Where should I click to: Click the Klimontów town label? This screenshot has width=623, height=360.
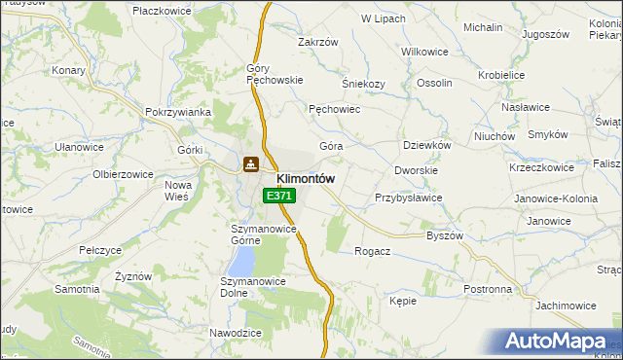coord(306,179)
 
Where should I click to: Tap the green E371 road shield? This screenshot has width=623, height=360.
coord(278,196)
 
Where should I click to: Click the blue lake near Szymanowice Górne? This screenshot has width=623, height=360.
coord(240,259)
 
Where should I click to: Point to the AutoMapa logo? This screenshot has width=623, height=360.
coord(557,342)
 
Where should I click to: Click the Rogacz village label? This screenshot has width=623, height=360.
coord(373,251)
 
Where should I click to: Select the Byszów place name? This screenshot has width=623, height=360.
coord(445,235)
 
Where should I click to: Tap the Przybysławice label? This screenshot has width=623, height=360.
coord(409,198)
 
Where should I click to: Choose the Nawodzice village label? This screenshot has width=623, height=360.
coord(236,333)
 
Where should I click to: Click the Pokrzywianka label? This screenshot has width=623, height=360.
coord(178,112)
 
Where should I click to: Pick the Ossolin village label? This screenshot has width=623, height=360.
coord(434,84)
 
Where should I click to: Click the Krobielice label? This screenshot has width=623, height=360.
coord(501,75)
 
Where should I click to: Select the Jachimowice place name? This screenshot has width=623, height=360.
coord(566,306)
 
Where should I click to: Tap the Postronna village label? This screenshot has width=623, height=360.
coord(488,290)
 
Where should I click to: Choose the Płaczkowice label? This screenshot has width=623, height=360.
coord(164,9)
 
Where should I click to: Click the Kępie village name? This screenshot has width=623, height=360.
coord(403,302)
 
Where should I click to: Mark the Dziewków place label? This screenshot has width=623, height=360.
coord(426,145)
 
